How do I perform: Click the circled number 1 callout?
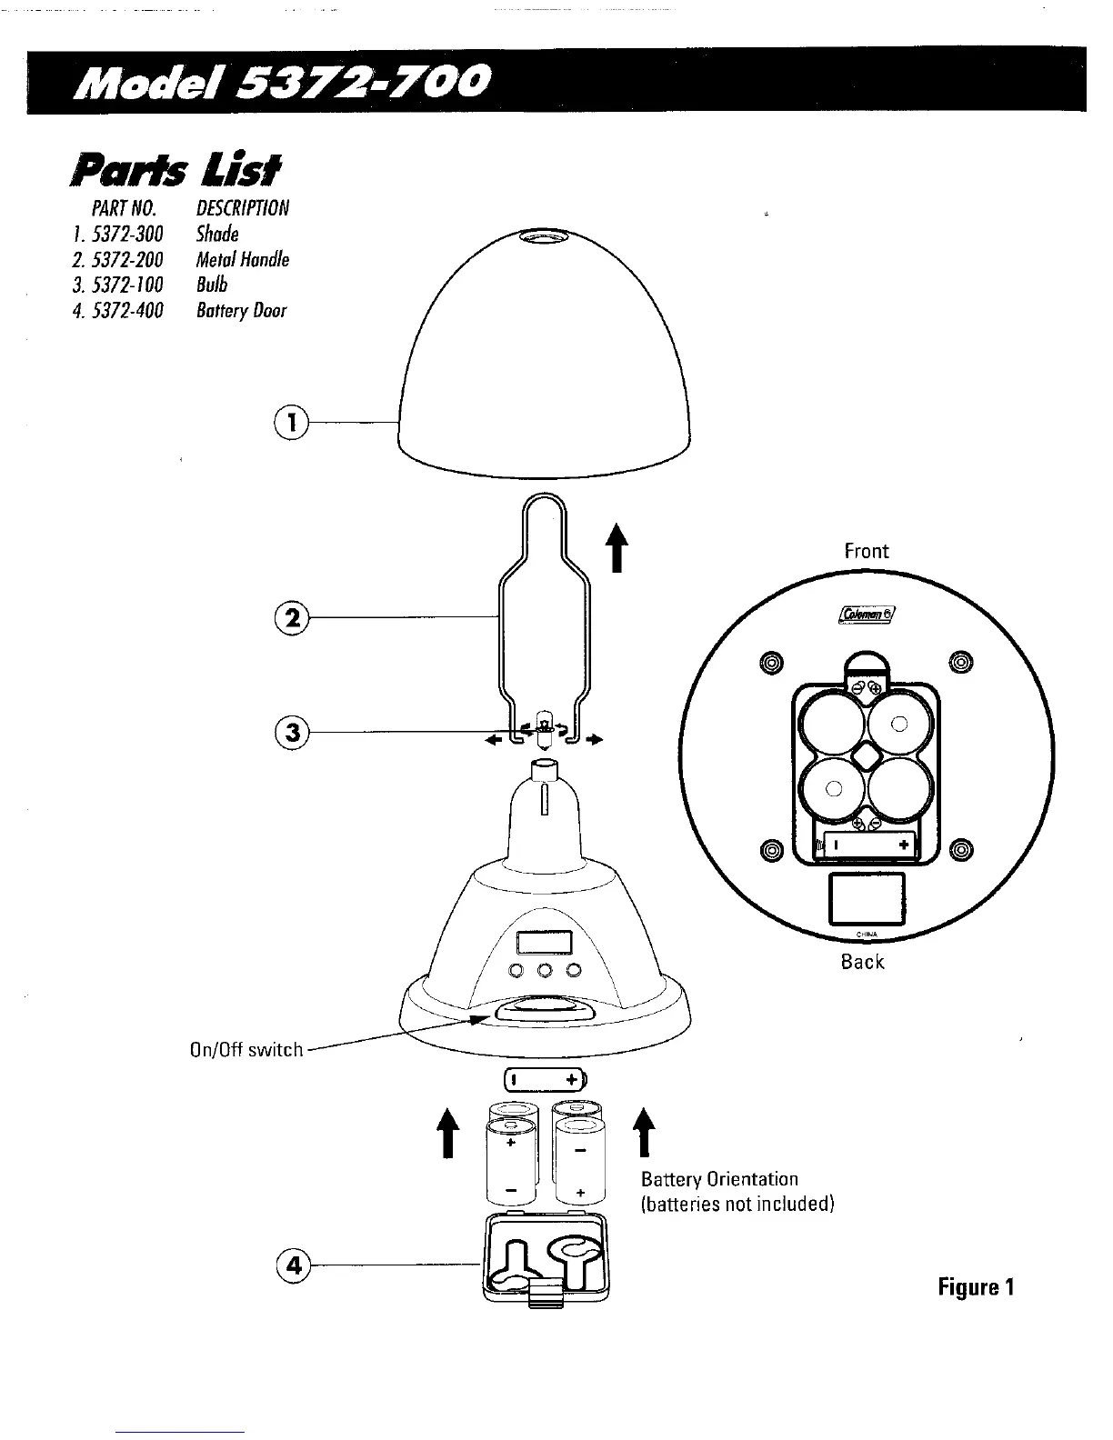coord(292,422)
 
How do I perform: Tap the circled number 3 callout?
coord(292,732)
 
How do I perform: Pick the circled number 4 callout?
coord(292,1264)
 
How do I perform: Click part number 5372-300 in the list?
coord(134,235)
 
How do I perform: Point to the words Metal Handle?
coord(243,260)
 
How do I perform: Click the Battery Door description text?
coord(241,311)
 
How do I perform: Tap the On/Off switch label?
coord(246,1049)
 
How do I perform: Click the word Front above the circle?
coord(867,551)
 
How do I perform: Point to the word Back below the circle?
coord(862,962)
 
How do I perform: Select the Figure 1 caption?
coord(977,1287)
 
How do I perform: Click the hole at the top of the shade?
coord(544,237)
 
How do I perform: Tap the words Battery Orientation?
coord(719,1179)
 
